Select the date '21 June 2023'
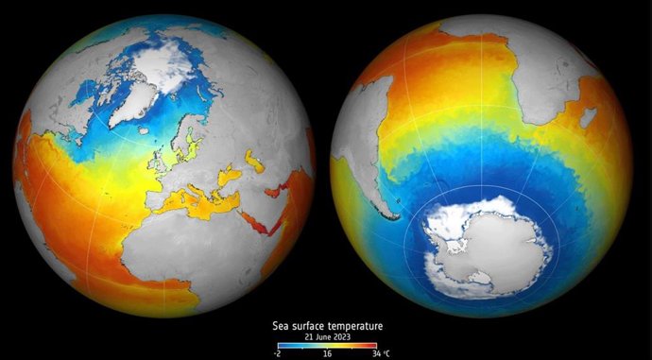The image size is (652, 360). point(326,336)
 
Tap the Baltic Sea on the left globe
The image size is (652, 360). point(195,142)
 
